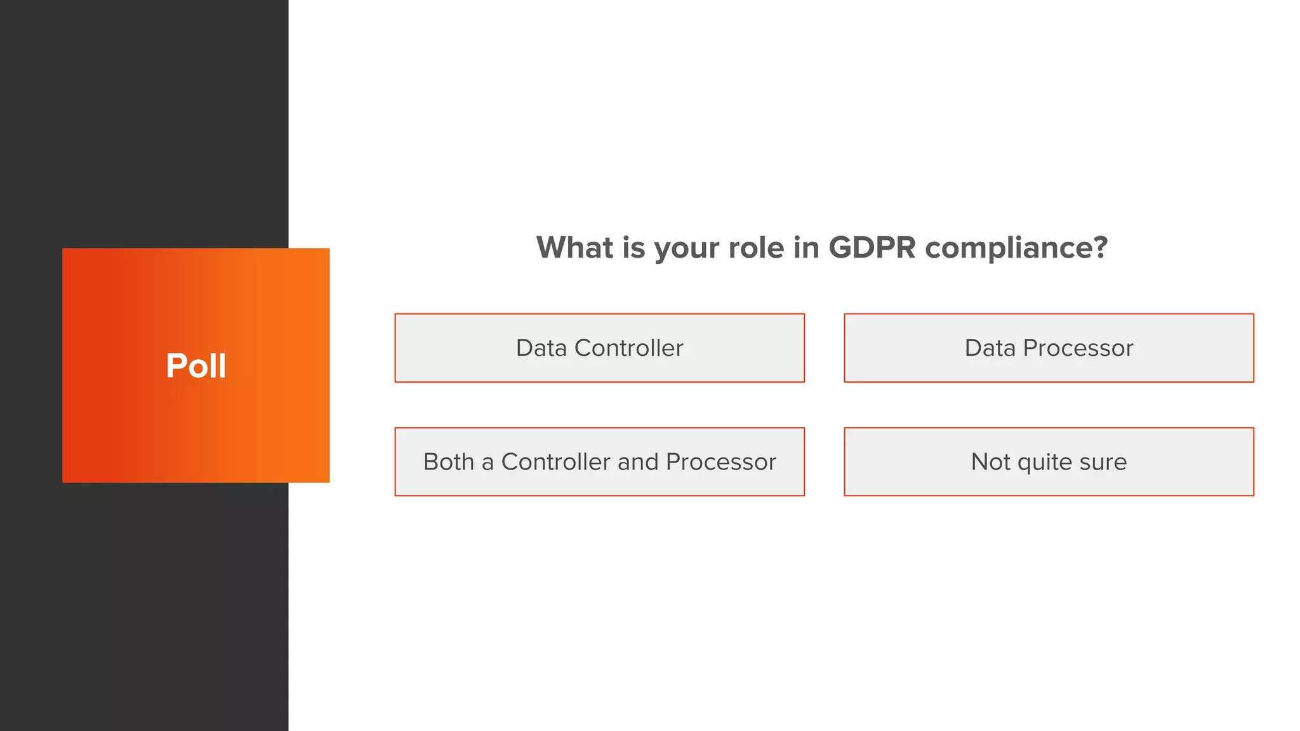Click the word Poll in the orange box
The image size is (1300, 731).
196,365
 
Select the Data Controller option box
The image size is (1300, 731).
599,348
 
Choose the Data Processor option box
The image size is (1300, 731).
1049,348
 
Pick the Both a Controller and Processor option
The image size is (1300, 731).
599,462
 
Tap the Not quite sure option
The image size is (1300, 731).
1049,462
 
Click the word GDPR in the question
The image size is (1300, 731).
872,247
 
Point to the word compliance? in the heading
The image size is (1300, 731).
1016,247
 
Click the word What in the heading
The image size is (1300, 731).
574,247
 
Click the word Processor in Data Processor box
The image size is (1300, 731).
1078,348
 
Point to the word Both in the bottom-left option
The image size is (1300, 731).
448,462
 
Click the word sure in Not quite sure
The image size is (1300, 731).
1103,462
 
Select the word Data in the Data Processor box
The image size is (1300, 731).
990,348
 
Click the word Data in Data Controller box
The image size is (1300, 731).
541,348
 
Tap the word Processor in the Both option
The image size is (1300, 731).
720,462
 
